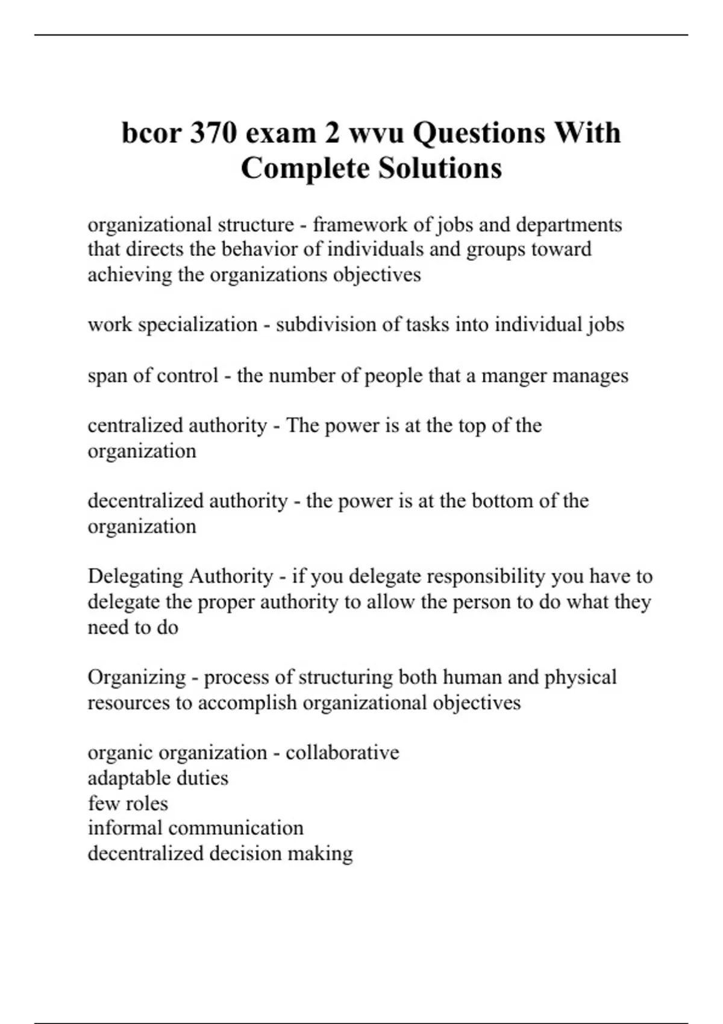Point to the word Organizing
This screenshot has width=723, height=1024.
point(137,677)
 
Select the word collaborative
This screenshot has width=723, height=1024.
point(342,752)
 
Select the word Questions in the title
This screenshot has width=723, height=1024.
point(475,133)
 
